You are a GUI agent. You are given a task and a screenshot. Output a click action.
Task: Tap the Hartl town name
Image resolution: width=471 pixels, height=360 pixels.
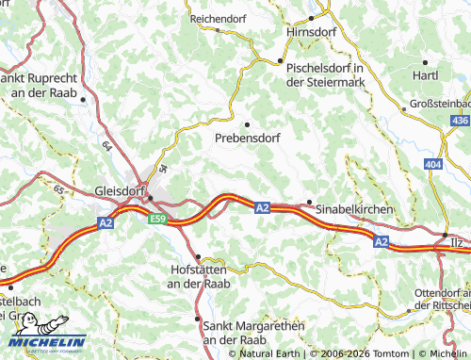[x=425, y=74]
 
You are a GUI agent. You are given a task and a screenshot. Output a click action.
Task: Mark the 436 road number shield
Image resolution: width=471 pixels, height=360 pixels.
[x=460, y=121]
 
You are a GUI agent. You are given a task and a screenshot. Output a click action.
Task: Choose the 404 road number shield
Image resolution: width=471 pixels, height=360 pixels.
[x=432, y=164]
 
